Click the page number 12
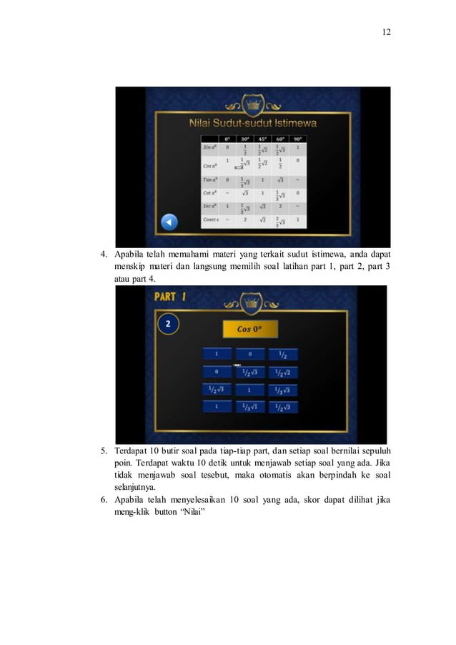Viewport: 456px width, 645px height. pos(386,32)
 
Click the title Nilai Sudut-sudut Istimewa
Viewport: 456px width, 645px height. pos(254,123)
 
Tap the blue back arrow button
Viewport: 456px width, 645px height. pos(169,222)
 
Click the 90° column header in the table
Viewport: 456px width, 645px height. pos(297,139)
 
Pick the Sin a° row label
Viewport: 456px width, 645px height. pos(209,147)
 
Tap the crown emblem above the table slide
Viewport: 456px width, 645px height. pos(254,106)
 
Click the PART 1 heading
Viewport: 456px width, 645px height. pos(170,297)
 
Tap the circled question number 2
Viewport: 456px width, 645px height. pos(168,324)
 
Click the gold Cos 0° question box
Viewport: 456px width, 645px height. pos(249,330)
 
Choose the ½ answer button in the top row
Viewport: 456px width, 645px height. pos(282,355)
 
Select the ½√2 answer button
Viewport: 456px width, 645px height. pos(282,373)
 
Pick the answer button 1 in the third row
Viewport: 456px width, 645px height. pos(249,390)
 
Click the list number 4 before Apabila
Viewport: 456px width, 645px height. pos(103,253)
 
